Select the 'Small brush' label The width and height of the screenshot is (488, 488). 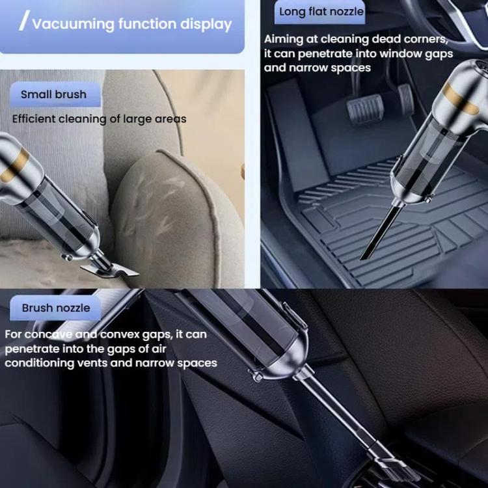53,94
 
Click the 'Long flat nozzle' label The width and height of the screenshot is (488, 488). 321,12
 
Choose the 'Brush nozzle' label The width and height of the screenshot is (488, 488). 56,308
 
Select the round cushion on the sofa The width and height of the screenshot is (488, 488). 176,208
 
